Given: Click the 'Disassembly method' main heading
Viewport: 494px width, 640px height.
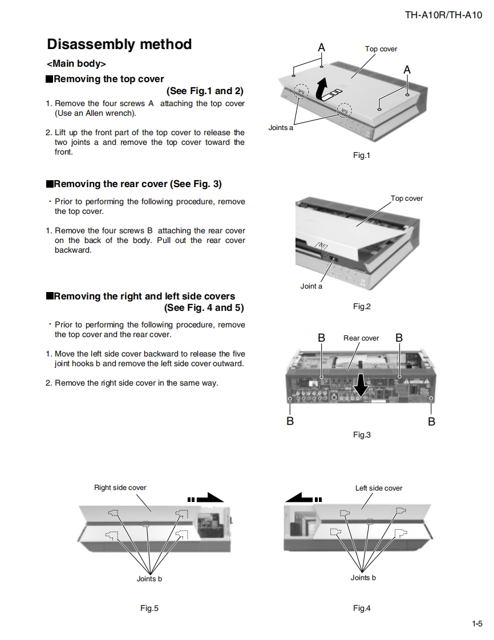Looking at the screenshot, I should click(119, 44).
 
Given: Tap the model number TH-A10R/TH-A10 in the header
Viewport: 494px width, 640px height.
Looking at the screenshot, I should click(443, 15).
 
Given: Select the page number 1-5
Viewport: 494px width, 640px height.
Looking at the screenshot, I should click(477, 623).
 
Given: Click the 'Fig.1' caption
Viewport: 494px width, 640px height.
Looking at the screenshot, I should click(361, 155).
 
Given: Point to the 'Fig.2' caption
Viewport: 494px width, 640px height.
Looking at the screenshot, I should click(361, 307).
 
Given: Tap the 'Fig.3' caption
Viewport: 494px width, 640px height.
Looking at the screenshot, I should click(361, 435).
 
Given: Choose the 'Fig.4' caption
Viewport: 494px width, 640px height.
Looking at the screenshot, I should click(361, 608).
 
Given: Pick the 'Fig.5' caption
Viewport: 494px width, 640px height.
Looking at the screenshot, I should click(149, 608).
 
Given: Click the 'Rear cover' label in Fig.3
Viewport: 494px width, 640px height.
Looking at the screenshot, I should click(361, 338).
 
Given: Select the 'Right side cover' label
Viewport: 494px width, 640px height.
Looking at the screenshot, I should click(120, 488).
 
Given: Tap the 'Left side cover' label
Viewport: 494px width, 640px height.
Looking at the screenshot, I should click(378, 488).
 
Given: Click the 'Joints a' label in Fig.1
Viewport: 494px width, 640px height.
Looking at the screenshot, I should click(281, 128).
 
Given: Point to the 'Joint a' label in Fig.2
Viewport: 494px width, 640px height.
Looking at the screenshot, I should click(311, 286).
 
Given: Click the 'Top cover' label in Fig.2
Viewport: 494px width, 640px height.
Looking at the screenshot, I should click(406, 199).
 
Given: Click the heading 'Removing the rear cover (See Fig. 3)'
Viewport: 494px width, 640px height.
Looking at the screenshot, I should click(137, 184).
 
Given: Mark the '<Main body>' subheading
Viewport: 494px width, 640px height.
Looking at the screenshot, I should click(76, 64).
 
